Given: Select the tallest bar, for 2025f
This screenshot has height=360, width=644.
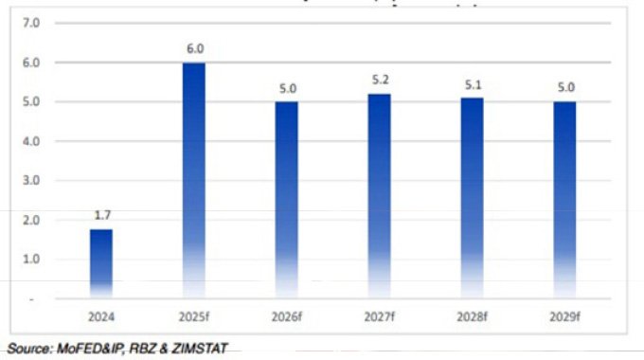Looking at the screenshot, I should click(194, 180).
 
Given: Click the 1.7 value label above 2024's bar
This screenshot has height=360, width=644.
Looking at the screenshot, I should click(101, 216).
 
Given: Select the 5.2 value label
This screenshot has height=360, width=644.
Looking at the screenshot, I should click(379, 81).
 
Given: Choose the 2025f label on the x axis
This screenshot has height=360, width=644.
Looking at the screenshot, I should click(194, 315).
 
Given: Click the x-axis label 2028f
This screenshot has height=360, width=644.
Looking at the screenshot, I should click(472, 315).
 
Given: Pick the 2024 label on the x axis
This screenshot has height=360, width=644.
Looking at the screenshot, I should click(101, 315).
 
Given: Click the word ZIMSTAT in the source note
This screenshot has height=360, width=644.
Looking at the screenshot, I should click(200, 349).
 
